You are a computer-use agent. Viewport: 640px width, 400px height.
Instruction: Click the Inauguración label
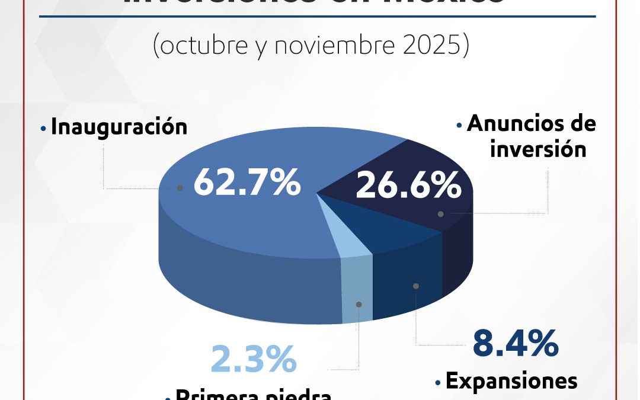click(119, 127)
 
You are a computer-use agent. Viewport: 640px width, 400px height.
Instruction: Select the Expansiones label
click(511, 382)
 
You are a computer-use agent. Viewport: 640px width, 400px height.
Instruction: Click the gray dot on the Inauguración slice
click(180, 188)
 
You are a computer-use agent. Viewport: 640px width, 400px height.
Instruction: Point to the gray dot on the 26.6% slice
click(440, 213)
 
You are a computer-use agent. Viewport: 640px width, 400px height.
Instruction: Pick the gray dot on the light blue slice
click(359, 304)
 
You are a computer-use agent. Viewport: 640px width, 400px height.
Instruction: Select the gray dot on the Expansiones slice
click(416, 286)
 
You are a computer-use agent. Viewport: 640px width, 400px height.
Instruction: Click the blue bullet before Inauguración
click(43, 127)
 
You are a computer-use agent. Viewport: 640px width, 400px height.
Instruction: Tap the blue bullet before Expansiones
click(438, 383)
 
